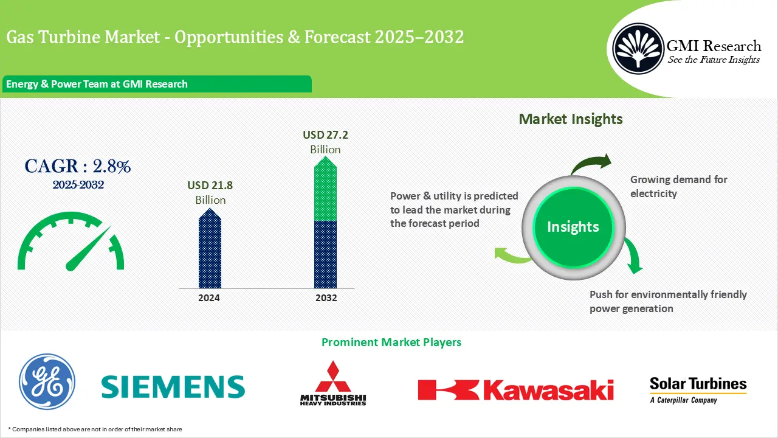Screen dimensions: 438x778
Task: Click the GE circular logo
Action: [47, 381]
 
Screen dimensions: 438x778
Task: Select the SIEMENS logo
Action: [173, 386]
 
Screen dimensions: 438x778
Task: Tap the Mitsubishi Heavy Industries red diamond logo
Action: [333, 378]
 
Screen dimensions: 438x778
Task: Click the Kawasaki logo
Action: [515, 389]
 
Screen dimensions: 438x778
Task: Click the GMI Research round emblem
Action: [638, 47]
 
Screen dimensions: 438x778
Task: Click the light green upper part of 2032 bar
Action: [325, 192]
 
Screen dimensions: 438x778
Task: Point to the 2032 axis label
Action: [326, 298]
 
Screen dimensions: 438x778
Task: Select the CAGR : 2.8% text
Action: [77, 165]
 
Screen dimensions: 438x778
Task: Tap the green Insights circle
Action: [573, 227]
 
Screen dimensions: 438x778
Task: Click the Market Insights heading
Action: [570, 119]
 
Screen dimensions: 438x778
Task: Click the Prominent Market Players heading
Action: [391, 342]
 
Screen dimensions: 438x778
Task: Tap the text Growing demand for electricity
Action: [678, 186]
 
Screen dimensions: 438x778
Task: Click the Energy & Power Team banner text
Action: [97, 84]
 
